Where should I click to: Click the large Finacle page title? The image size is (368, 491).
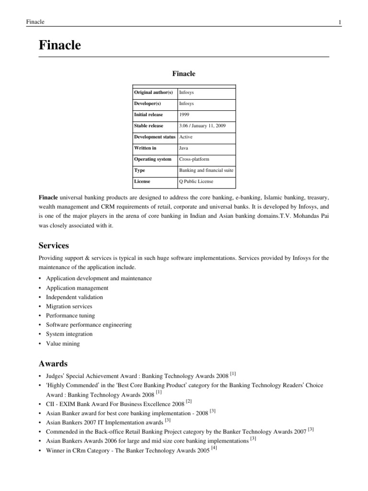click(x=59, y=46)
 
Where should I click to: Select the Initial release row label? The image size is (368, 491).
click(x=149, y=115)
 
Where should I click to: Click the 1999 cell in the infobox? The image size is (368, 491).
click(x=184, y=115)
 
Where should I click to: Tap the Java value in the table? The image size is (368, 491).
click(x=184, y=148)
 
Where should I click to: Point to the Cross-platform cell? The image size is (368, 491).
click(x=194, y=159)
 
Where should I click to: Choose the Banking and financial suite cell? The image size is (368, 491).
click(x=206, y=170)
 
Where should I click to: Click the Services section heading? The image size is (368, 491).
click(x=54, y=245)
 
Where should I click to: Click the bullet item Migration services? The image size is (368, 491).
click(x=69, y=306)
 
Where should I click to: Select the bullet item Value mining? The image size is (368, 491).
click(x=63, y=343)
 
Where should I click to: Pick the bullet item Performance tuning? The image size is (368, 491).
click(x=70, y=316)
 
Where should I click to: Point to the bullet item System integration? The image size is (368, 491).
click(x=69, y=334)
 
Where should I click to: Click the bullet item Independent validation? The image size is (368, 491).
click(x=74, y=297)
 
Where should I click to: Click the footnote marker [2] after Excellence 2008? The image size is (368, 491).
click(x=189, y=401)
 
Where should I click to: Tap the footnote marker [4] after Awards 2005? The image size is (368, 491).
click(x=214, y=448)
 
